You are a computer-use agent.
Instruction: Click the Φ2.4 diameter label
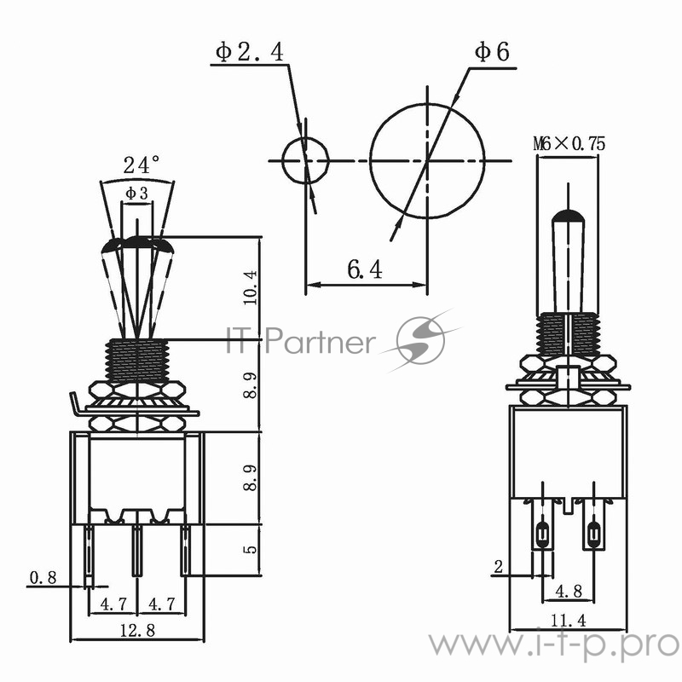click(x=249, y=52)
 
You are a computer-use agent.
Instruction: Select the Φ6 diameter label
click(x=491, y=52)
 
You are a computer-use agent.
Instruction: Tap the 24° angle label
click(x=141, y=165)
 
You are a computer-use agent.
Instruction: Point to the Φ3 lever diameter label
click(x=136, y=194)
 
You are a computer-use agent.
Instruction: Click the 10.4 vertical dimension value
click(x=249, y=287)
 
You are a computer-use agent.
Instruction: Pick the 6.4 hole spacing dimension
click(x=364, y=270)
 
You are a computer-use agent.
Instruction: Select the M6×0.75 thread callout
click(x=569, y=144)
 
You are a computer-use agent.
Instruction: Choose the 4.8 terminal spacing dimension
click(x=569, y=590)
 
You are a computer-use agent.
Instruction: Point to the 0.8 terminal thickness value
click(x=43, y=578)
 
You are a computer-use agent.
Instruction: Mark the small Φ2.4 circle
click(x=305, y=160)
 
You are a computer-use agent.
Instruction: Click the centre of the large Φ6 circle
click(x=426, y=160)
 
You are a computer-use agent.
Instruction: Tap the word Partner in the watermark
click(x=320, y=343)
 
